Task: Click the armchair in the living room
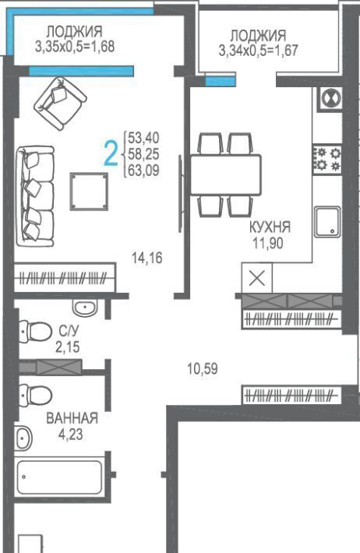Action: coord(60,104)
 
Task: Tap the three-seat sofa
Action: coord(35,196)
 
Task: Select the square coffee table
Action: coord(89,192)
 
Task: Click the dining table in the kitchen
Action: coord(226,174)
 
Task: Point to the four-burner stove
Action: coord(326,160)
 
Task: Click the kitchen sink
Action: coord(327,222)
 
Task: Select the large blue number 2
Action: coord(111,153)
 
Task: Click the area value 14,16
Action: coord(147,258)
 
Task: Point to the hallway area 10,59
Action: coord(203,369)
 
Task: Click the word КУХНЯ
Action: coord(270,227)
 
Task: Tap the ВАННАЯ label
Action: coord(72,418)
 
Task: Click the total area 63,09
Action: coord(143,171)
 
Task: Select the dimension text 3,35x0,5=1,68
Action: coord(75,47)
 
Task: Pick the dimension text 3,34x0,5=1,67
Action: coord(259,51)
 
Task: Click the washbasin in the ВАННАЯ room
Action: coord(23,438)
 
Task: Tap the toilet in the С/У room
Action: coord(34,332)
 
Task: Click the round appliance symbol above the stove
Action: coord(330,98)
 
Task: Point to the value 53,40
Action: coord(143,138)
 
